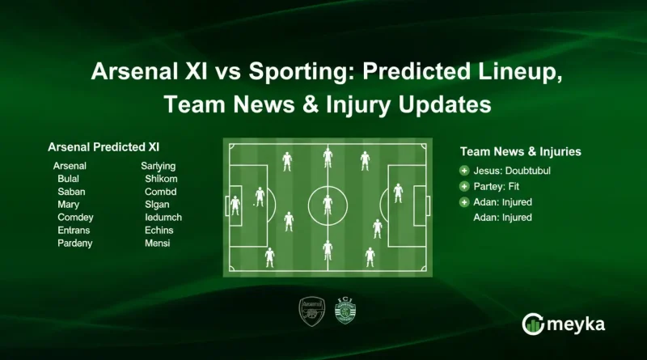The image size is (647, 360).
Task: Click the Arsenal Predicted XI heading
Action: click(104, 147)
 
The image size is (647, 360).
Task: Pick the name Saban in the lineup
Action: click(72, 192)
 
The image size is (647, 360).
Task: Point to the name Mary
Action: click(69, 205)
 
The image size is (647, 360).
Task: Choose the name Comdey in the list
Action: click(75, 218)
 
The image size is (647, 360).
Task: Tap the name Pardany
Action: click(75, 244)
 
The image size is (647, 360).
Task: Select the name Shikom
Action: click(161, 179)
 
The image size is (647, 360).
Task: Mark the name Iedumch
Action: click(163, 218)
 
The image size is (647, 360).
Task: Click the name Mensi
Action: click(157, 244)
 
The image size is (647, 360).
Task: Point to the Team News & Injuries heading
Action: click(521, 151)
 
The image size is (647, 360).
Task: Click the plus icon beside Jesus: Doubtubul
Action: click(464, 171)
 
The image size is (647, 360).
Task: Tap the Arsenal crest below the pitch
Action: click(310, 310)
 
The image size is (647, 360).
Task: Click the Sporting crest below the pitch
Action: click(345, 310)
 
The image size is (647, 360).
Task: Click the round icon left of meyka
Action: click(533, 324)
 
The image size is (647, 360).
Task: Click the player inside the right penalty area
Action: click(398, 193)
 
